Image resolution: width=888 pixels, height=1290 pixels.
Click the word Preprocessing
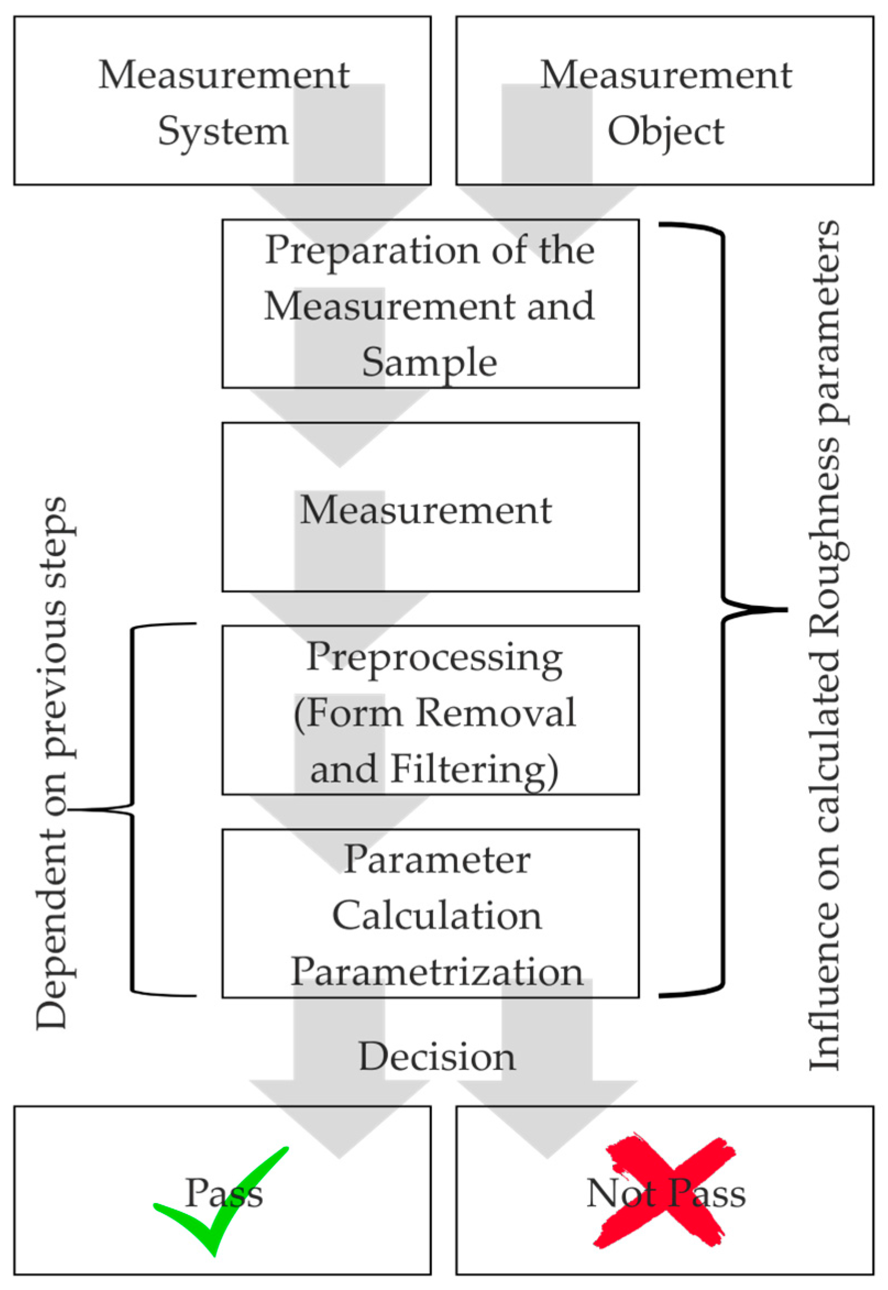coord(434,658)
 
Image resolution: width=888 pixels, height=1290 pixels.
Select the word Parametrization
coord(437,972)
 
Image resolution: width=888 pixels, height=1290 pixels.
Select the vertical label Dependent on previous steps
coord(53,762)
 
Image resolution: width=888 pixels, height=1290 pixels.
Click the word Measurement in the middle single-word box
coord(426,510)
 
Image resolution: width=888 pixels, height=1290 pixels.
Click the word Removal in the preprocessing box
coord(496,713)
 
